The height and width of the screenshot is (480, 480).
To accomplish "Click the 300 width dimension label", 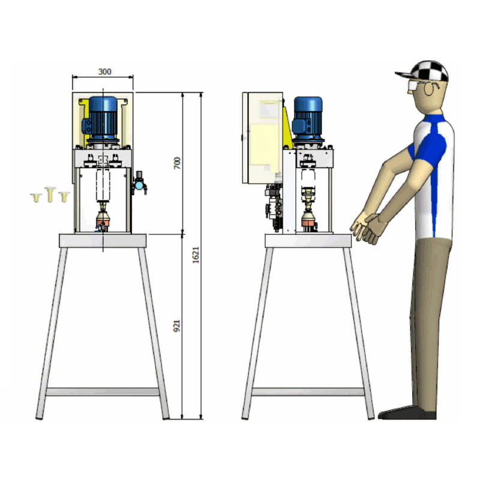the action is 104,71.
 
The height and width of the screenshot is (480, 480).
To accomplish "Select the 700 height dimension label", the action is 177,163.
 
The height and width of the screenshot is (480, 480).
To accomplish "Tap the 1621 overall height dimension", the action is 196,254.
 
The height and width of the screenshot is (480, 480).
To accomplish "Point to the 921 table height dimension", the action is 177,326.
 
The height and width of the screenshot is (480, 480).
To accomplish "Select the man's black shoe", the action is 407,413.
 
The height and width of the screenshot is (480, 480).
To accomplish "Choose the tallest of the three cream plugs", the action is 50,194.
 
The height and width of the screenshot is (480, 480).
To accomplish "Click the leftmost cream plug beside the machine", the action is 36,197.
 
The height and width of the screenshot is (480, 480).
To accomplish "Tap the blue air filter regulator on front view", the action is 140,183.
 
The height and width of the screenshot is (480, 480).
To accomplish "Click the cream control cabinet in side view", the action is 262,138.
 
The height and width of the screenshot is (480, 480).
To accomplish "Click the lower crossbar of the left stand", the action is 102,392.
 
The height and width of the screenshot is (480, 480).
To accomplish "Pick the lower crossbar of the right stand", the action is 308,392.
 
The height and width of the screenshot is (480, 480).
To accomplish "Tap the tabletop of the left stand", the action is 103,241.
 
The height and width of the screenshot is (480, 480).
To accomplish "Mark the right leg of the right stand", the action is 358,333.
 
